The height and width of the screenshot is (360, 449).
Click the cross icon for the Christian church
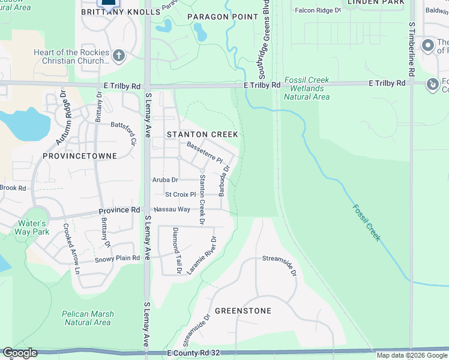tap(118, 57)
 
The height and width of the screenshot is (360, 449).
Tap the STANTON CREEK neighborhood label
tap(202, 134)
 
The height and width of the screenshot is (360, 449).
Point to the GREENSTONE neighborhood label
tap(243, 311)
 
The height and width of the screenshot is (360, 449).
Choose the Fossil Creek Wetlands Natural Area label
tap(307, 88)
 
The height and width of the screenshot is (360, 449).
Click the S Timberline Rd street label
tap(412, 49)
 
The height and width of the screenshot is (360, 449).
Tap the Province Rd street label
tap(119, 210)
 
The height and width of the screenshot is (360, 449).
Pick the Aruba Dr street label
tap(166, 179)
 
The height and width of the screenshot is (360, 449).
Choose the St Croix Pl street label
tap(181, 194)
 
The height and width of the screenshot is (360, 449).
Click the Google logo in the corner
tap(20, 353)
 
